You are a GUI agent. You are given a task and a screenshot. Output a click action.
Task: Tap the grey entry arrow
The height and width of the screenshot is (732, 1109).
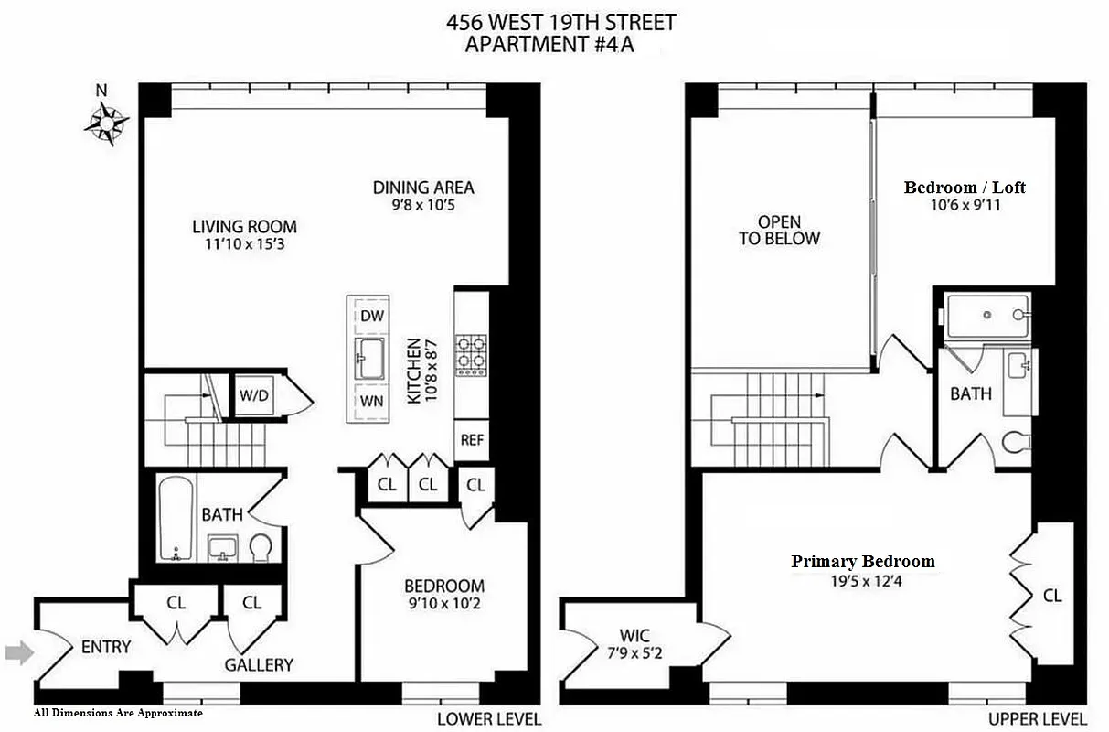pos(19,652)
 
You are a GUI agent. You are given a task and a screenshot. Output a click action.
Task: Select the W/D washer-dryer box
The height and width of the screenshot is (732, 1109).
pos(253,396)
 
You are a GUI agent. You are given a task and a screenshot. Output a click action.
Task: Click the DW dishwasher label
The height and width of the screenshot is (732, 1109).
pos(372,316)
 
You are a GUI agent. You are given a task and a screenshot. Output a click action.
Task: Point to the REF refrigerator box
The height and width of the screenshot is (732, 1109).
pos(472,439)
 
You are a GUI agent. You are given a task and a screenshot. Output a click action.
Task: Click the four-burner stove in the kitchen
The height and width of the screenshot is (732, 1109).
pos(472,352)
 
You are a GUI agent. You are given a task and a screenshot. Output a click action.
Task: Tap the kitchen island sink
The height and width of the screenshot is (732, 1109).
pos(372,357)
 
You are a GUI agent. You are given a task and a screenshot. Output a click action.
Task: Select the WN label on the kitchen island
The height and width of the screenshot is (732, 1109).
pos(372,401)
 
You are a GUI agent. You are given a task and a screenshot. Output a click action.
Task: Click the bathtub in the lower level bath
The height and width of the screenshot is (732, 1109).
pos(174,517)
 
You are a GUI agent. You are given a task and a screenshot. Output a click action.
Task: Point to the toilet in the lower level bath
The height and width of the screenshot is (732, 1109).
pos(261,547)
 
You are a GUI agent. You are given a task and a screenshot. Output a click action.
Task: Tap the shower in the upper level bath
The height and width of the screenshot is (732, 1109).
pos(987,315)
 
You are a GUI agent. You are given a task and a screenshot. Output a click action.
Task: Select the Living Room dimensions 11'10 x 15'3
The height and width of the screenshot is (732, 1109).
pos(244,244)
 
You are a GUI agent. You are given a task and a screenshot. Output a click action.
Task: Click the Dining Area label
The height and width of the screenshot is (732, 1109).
pos(423,188)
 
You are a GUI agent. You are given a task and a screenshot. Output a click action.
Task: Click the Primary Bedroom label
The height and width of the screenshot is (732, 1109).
pos(863,562)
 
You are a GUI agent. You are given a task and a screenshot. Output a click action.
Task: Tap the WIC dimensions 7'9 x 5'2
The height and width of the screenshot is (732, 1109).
pos(633,653)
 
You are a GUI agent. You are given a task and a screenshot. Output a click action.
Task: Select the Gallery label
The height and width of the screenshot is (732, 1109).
pos(259,665)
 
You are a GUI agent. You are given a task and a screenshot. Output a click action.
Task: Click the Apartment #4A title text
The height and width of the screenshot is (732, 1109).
pos(549,44)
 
